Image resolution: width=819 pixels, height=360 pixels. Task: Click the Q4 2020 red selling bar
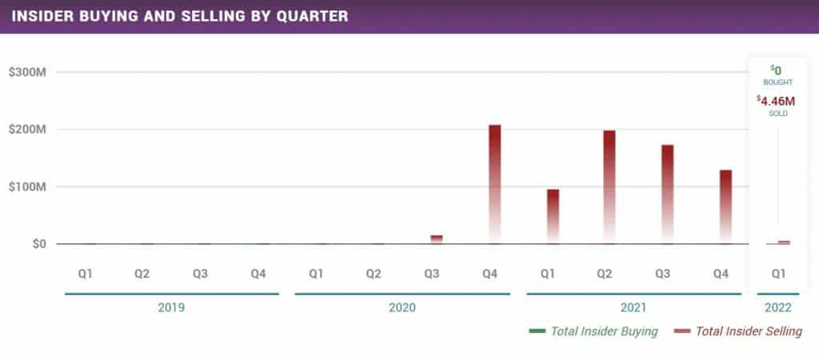494,184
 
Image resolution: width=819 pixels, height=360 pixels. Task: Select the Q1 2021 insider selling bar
553,216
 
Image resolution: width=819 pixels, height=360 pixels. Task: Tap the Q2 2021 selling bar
609,187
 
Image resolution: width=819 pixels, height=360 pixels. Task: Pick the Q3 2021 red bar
668,194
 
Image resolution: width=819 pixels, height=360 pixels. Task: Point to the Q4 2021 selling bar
725,207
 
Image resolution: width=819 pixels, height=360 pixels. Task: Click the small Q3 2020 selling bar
437,239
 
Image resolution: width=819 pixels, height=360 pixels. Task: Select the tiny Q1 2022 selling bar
784,242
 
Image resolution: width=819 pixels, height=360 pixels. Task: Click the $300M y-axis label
28,72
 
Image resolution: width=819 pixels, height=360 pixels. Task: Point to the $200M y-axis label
28,130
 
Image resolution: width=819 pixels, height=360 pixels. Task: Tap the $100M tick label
28,186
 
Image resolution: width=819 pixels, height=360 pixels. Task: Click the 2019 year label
171,308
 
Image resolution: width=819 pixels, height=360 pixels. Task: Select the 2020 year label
402,308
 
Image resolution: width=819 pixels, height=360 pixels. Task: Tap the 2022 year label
778,308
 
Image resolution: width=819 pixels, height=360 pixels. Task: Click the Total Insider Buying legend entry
593,331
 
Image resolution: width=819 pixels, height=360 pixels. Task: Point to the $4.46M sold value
776,101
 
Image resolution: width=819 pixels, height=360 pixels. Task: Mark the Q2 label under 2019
142,274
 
